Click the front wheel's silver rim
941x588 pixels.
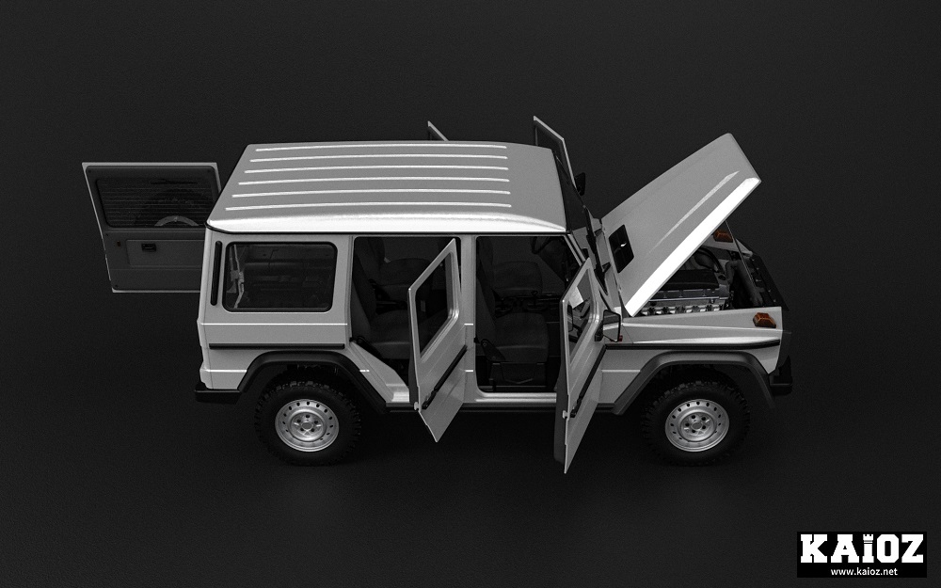(x=696, y=425)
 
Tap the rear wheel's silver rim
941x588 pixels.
(x=307, y=425)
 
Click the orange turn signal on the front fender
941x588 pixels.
(x=764, y=320)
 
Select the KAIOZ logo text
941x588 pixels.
(x=861, y=549)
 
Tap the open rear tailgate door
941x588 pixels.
(x=152, y=227)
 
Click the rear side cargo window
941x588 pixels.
(x=279, y=277)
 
